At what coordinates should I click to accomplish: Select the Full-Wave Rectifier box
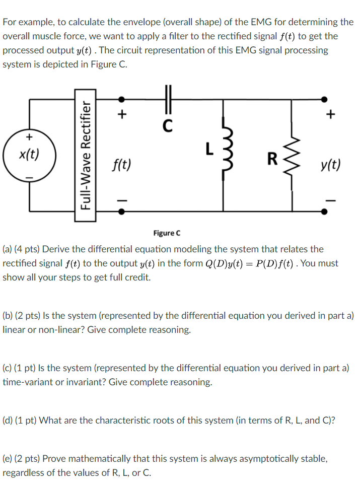[x=86, y=156]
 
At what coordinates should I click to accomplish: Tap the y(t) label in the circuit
[x=329, y=164]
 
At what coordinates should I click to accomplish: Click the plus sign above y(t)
[x=330, y=115]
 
